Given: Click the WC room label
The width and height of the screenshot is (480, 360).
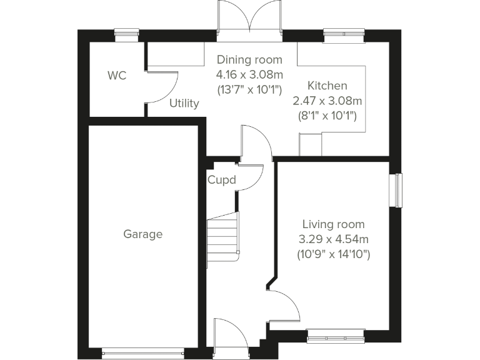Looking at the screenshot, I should point(117,76).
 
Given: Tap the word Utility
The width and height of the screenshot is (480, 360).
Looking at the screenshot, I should point(184,103).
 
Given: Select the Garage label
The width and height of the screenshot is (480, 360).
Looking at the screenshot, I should point(142,234).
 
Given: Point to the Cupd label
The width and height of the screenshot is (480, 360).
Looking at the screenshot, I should point(222,181).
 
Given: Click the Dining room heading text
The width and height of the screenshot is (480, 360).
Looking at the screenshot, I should point(249,60).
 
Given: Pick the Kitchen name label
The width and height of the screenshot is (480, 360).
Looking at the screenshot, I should point(327,86).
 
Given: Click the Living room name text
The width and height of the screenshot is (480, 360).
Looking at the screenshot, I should point(334,224).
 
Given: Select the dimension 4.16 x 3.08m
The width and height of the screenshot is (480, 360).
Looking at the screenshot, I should point(249,74).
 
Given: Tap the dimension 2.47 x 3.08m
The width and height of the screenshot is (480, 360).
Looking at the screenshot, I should point(327,101).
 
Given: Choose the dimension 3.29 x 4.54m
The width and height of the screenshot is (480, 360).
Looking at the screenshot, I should point(334,239).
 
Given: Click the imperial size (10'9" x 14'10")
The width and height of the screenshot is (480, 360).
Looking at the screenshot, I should point(334,254).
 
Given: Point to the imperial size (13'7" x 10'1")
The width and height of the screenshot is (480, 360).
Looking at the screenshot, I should point(249,89).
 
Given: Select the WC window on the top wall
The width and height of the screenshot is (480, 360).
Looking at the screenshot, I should point(128,34).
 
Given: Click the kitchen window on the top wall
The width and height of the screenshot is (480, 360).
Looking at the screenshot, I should point(344,34).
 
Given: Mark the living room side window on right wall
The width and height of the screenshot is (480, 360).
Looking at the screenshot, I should point(396,189).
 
